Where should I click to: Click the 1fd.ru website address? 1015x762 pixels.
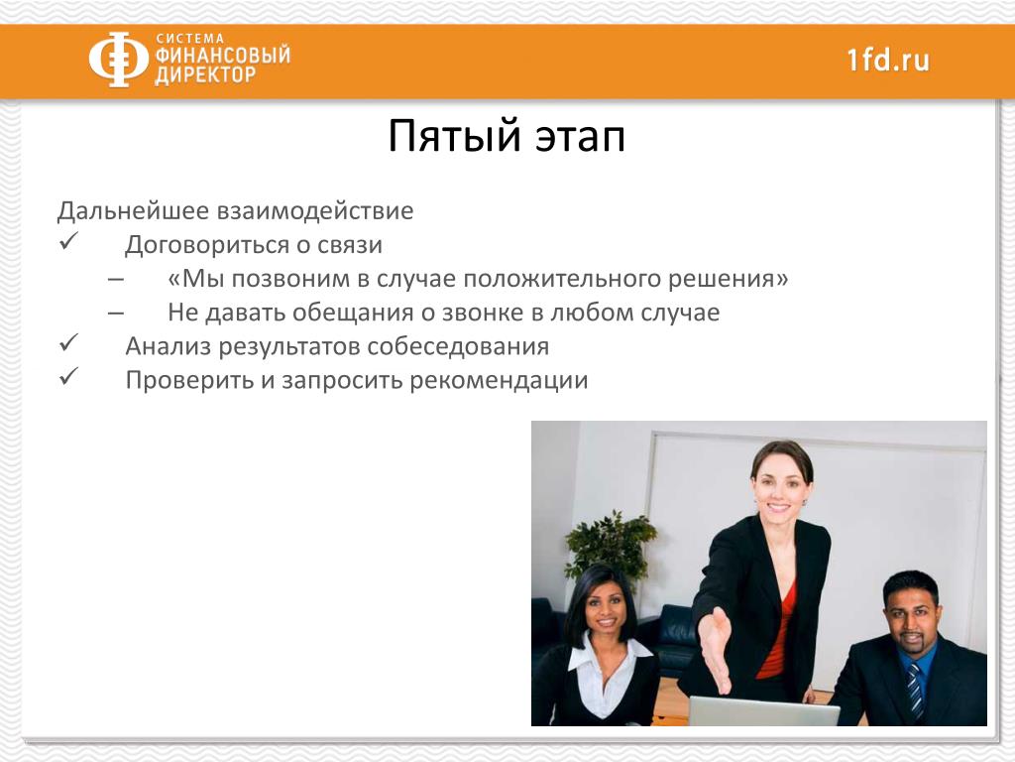tap(888, 61)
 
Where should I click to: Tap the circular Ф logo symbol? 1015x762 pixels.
tap(119, 59)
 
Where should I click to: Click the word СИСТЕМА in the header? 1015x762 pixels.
tap(189, 39)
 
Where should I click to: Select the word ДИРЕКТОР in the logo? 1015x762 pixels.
tap(205, 75)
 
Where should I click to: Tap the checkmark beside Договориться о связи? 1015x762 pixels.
tap(68, 242)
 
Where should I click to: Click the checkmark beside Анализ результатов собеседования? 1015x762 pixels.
tap(68, 342)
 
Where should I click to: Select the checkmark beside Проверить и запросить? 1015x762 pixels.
tap(68, 376)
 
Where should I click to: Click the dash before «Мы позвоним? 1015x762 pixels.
tap(116, 279)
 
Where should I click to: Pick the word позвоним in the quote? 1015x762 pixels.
tap(290, 279)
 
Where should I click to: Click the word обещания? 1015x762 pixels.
tap(354, 313)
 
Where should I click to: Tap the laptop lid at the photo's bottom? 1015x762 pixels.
tap(763, 710)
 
